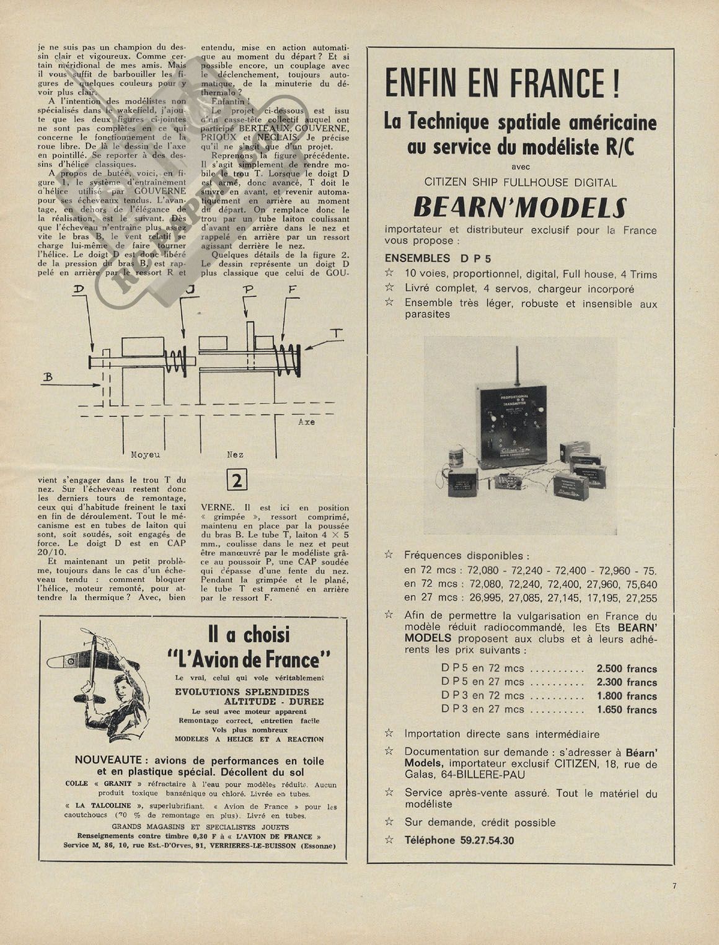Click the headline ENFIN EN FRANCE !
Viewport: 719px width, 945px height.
(502, 84)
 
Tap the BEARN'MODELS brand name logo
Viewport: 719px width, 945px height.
(520, 208)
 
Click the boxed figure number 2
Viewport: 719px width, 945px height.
(236, 480)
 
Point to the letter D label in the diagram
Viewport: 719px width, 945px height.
(79, 289)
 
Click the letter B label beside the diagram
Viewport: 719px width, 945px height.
(48, 377)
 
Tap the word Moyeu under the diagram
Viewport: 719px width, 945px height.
(145, 454)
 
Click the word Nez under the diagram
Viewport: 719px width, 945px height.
(235, 454)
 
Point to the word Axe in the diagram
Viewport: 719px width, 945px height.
(306, 422)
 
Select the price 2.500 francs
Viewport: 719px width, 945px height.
(626, 669)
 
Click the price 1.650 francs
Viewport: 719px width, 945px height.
(626, 710)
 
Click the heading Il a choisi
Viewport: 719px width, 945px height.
(249, 635)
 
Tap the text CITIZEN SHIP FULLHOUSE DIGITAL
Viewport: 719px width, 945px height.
(520, 183)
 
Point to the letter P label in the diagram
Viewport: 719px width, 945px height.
(249, 289)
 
